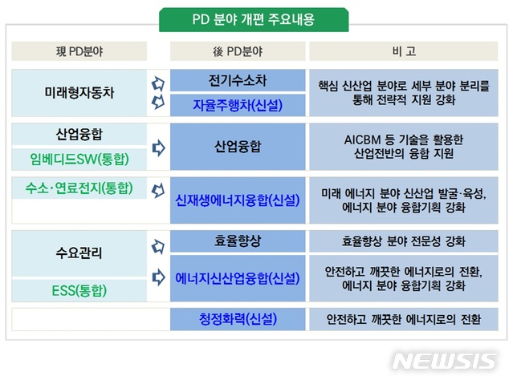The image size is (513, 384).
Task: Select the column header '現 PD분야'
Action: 79,52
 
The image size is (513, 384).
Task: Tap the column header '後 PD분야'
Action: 238,52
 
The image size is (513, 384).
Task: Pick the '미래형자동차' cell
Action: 79,92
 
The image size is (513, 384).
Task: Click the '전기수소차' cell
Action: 238,81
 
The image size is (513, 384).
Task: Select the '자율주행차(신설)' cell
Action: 238,105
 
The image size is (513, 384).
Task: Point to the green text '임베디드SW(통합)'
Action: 79,159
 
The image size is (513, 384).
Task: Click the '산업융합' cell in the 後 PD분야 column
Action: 238,147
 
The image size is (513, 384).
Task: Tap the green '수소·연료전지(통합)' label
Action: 79,189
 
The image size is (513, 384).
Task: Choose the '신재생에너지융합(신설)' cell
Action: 238,200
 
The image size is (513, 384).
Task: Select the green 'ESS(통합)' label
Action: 79,290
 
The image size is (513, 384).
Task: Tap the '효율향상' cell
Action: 238,240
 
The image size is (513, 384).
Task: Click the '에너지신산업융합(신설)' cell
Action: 238,278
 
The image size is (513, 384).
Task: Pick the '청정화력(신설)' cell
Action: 238,319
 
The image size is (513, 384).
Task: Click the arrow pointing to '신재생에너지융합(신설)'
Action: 158,192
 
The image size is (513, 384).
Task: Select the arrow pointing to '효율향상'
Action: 158,246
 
